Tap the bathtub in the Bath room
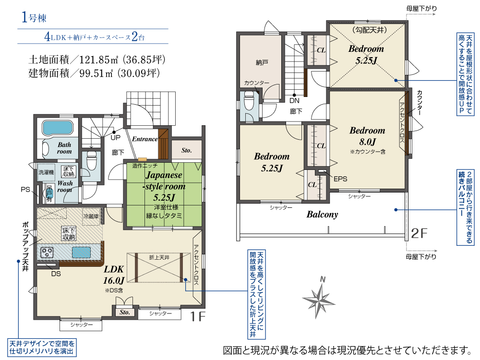coord(57,129)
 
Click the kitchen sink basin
coord(81,252)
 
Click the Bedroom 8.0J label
coord(367,136)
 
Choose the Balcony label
coord(322,215)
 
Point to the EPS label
coord(340,179)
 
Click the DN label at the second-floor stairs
coord(294,101)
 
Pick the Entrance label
coord(144,139)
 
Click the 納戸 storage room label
coord(262,62)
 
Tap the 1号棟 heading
coord(34,18)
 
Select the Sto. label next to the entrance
coord(187,150)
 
